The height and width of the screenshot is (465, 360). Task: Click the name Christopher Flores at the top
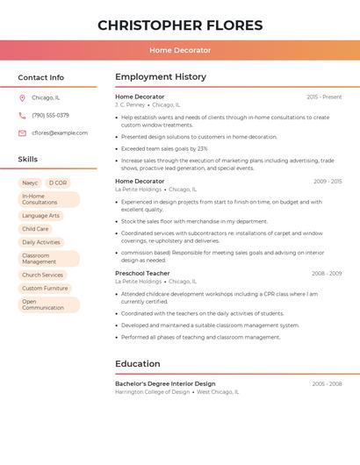tap(180, 25)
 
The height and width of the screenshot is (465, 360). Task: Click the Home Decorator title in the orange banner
tap(180, 51)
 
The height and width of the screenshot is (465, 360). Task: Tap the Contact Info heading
tap(41, 77)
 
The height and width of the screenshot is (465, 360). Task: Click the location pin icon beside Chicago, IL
tap(22, 97)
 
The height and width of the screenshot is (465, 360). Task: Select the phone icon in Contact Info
tap(22, 115)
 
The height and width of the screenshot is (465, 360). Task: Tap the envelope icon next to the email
tap(22, 133)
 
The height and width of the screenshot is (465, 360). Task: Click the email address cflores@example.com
tap(60, 133)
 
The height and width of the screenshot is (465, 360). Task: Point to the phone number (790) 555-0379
tap(50, 115)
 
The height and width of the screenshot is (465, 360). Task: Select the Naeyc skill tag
tap(30, 182)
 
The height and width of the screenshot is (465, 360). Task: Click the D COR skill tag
tap(57, 182)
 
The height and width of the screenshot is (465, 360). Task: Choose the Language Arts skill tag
tap(40, 215)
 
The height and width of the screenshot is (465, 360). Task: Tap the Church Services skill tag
tap(42, 275)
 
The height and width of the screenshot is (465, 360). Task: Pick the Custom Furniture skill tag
tap(45, 288)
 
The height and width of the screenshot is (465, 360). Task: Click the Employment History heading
tap(161, 77)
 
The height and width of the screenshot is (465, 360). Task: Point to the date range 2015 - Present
tap(324, 97)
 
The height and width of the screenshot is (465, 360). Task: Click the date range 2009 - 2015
tap(328, 182)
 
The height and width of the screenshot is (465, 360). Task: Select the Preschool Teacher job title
tap(142, 273)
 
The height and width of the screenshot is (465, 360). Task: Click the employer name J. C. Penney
tap(130, 104)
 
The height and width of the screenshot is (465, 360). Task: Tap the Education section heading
tap(138, 363)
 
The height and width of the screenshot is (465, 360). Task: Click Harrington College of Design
tap(152, 392)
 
